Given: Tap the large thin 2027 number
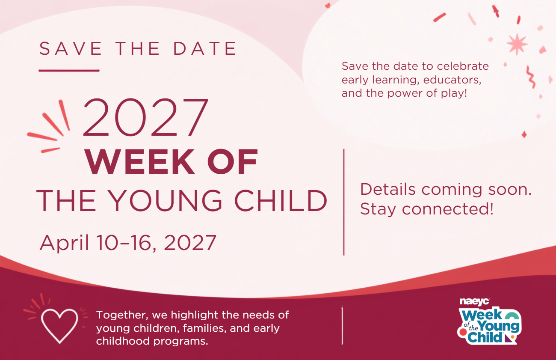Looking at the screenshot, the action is [145, 117].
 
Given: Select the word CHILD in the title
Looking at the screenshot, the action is [281, 201].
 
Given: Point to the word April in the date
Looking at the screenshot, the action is [64, 243].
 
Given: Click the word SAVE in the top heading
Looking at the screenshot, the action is [71, 48].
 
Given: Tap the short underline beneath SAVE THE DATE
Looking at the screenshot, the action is [69, 71].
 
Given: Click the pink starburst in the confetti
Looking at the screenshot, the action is [517, 44].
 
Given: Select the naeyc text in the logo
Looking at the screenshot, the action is [474, 302].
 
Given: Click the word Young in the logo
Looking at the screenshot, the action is [499, 326].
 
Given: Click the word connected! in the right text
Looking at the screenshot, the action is [447, 209].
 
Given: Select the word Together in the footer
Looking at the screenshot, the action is [122, 315].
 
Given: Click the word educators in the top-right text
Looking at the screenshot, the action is [452, 80].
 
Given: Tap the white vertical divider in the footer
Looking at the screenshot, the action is [342, 325].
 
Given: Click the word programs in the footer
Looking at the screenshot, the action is [180, 342].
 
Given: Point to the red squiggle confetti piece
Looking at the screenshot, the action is [531, 77].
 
